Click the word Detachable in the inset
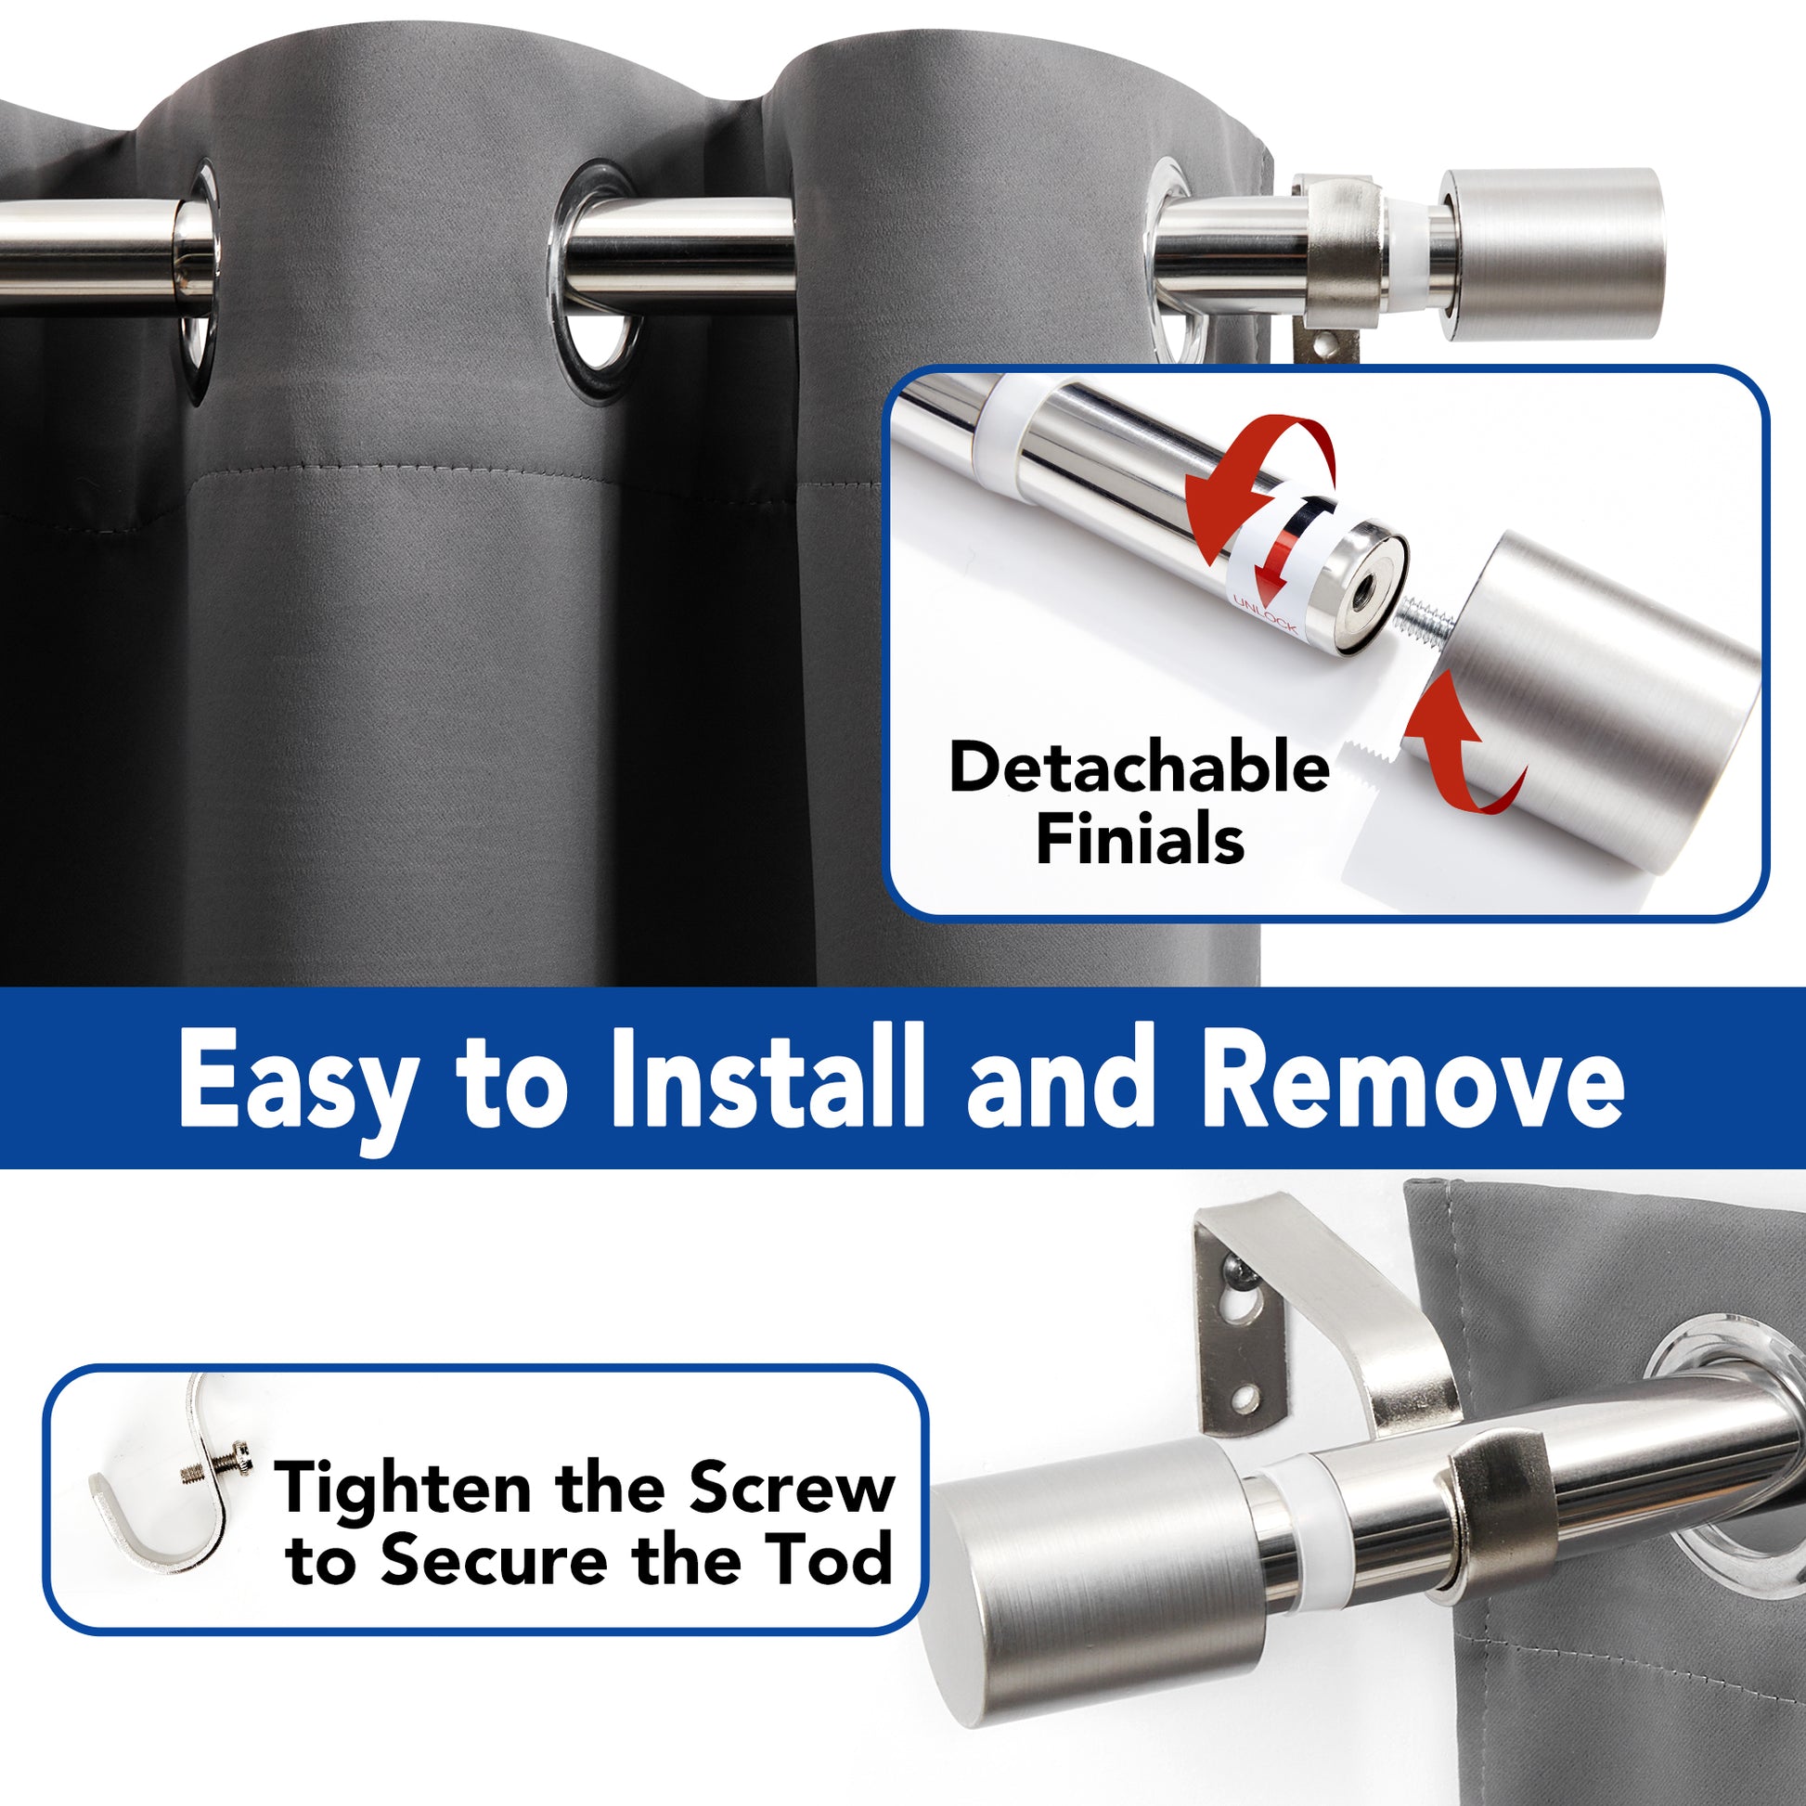[x=1139, y=767]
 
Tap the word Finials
[x=1140, y=839]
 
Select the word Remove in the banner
[x=1412, y=1078]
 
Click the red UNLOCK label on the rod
[x=1265, y=614]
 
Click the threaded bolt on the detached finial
[x=1424, y=621]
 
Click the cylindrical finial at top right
[x=1552, y=253]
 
